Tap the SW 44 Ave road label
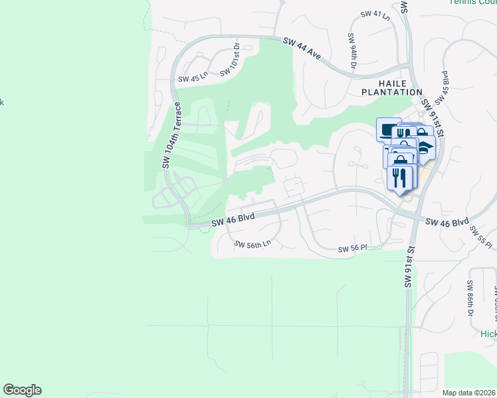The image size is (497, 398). coord(302,49)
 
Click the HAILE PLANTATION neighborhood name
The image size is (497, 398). coord(391,87)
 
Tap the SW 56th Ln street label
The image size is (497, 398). coord(252,244)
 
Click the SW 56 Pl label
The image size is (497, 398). coord(353,248)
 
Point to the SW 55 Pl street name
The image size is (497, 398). coord(481,238)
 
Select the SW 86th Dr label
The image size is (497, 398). coord(470,298)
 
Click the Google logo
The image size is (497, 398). coord(22,389)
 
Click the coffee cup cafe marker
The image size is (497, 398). coord(388,129)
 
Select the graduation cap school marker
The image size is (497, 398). coord(425,147)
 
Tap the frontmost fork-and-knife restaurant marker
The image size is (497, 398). coord(400,178)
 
